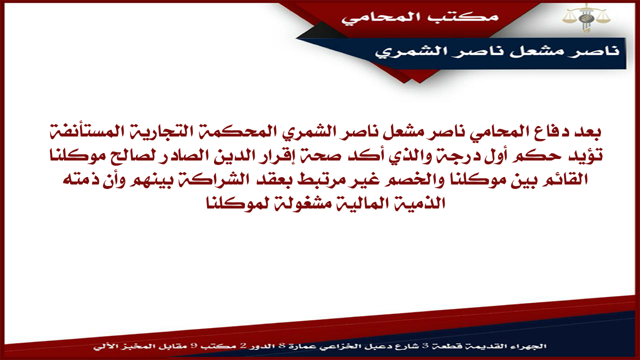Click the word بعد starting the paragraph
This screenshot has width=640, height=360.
(584, 132)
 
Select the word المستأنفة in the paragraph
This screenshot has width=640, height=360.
(123, 132)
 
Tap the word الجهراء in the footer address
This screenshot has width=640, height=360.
(532, 346)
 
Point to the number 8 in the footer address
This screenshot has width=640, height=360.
(281, 346)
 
